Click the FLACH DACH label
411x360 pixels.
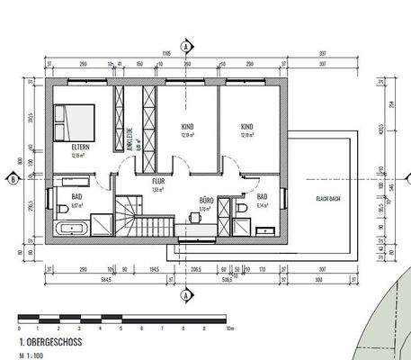pos(327,198)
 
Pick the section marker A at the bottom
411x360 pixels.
pos(186,293)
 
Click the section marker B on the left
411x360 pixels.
pos(14,178)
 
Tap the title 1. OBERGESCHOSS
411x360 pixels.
pos(49,344)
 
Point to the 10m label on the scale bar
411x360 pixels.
pos(230,329)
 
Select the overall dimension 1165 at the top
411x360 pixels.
pos(167,55)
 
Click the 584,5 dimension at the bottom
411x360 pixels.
pos(107,278)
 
